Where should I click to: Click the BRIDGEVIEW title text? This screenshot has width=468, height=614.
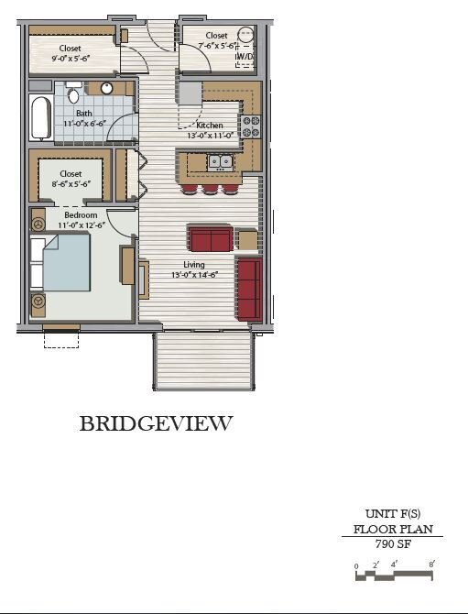(x=156, y=423)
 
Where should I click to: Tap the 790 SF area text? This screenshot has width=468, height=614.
(x=392, y=543)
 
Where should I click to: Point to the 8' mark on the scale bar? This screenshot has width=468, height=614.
(x=431, y=565)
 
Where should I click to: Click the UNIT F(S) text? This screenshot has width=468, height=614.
(x=392, y=514)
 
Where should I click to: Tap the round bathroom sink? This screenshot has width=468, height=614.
(x=106, y=89)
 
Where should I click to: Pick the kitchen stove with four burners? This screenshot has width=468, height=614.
(x=250, y=126)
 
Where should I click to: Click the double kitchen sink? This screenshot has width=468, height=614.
(x=220, y=163)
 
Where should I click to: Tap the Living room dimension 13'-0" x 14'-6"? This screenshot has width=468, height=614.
(x=193, y=275)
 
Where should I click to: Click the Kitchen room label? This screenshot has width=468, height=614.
(x=210, y=126)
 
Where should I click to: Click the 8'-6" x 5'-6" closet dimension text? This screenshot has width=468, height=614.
(x=71, y=184)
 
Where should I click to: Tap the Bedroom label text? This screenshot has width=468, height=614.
(x=80, y=215)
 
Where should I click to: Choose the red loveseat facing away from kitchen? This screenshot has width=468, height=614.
(x=210, y=238)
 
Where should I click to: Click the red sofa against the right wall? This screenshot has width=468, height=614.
(x=248, y=289)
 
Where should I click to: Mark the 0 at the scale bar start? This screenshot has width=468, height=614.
(x=356, y=565)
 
